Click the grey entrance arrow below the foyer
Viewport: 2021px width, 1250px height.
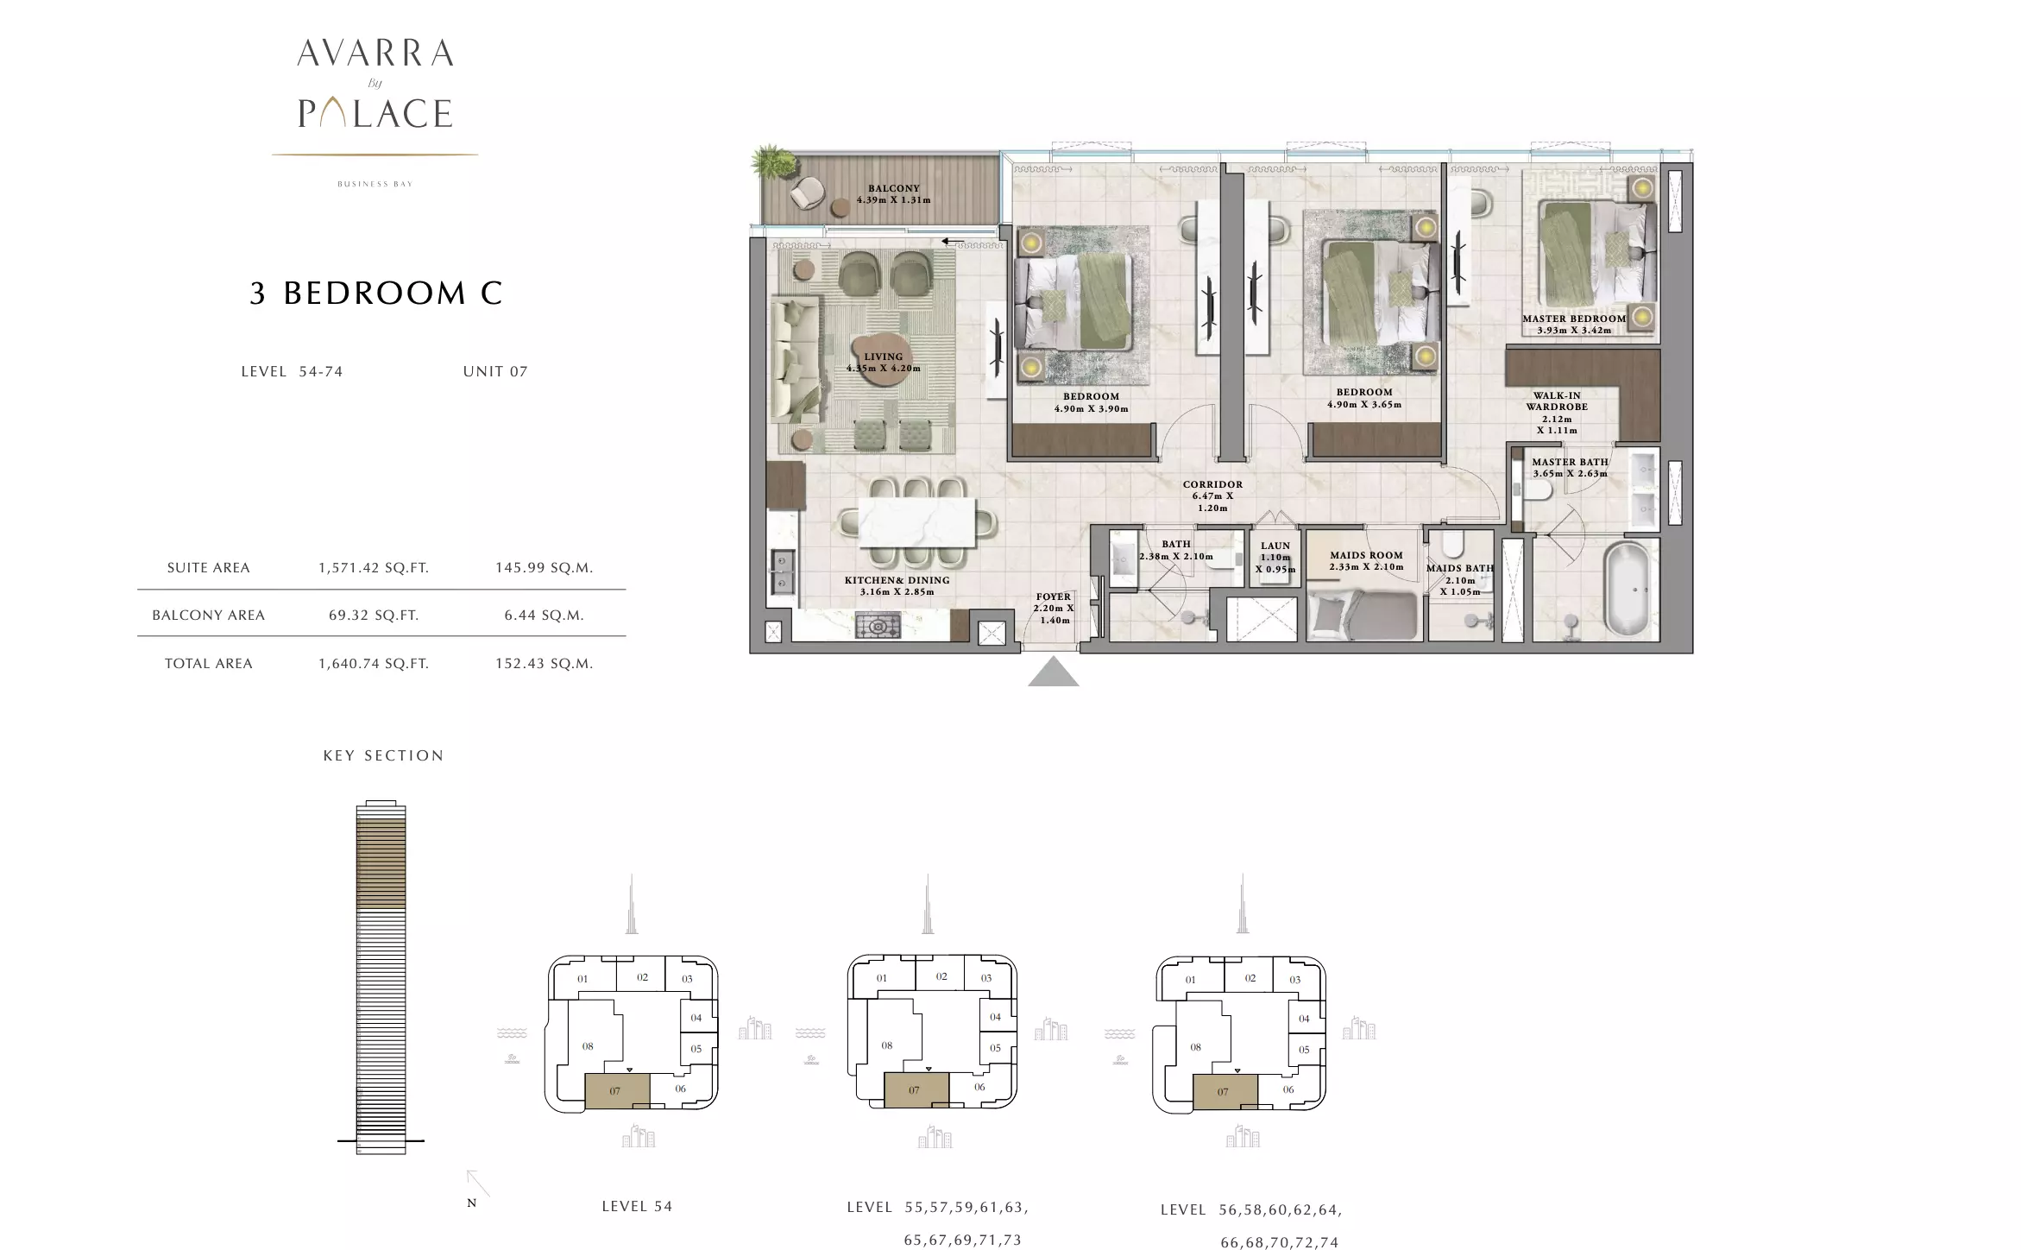[x=1053, y=672]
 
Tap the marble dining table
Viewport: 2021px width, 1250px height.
[x=916, y=523]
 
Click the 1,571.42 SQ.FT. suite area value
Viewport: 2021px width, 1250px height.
[x=374, y=568]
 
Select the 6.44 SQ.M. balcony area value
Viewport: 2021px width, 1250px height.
[x=545, y=616]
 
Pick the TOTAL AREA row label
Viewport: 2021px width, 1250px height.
[x=209, y=664]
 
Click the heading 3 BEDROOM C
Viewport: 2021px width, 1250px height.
[x=375, y=294]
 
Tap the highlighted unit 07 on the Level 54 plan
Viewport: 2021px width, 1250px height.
[x=617, y=1091]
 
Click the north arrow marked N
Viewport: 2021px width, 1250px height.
[x=477, y=1184]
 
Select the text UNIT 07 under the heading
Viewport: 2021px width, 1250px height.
[x=495, y=371]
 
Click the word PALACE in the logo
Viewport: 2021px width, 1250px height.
[x=375, y=113]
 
